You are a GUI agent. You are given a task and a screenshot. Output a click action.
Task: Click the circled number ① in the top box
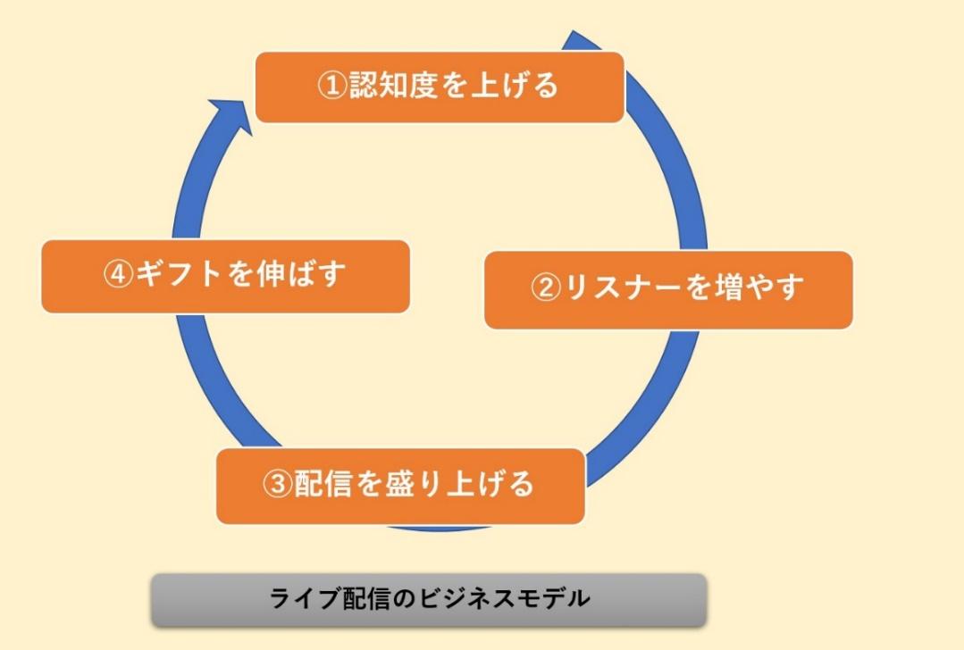click(332, 86)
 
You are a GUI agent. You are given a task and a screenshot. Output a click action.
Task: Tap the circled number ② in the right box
click(546, 287)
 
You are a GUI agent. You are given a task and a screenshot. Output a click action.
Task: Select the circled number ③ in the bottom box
click(278, 484)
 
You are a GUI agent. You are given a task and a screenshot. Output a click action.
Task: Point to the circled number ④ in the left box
click(118, 274)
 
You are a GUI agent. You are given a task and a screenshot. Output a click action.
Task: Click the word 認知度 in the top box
click(393, 85)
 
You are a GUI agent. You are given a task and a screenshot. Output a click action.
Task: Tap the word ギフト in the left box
click(179, 273)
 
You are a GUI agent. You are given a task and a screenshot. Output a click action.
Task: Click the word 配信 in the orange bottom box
click(323, 484)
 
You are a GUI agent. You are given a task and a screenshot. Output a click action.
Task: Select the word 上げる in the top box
click(516, 85)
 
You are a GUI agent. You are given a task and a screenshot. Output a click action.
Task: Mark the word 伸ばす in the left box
click(301, 273)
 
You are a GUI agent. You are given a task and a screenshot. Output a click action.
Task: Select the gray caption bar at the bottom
click(429, 600)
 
